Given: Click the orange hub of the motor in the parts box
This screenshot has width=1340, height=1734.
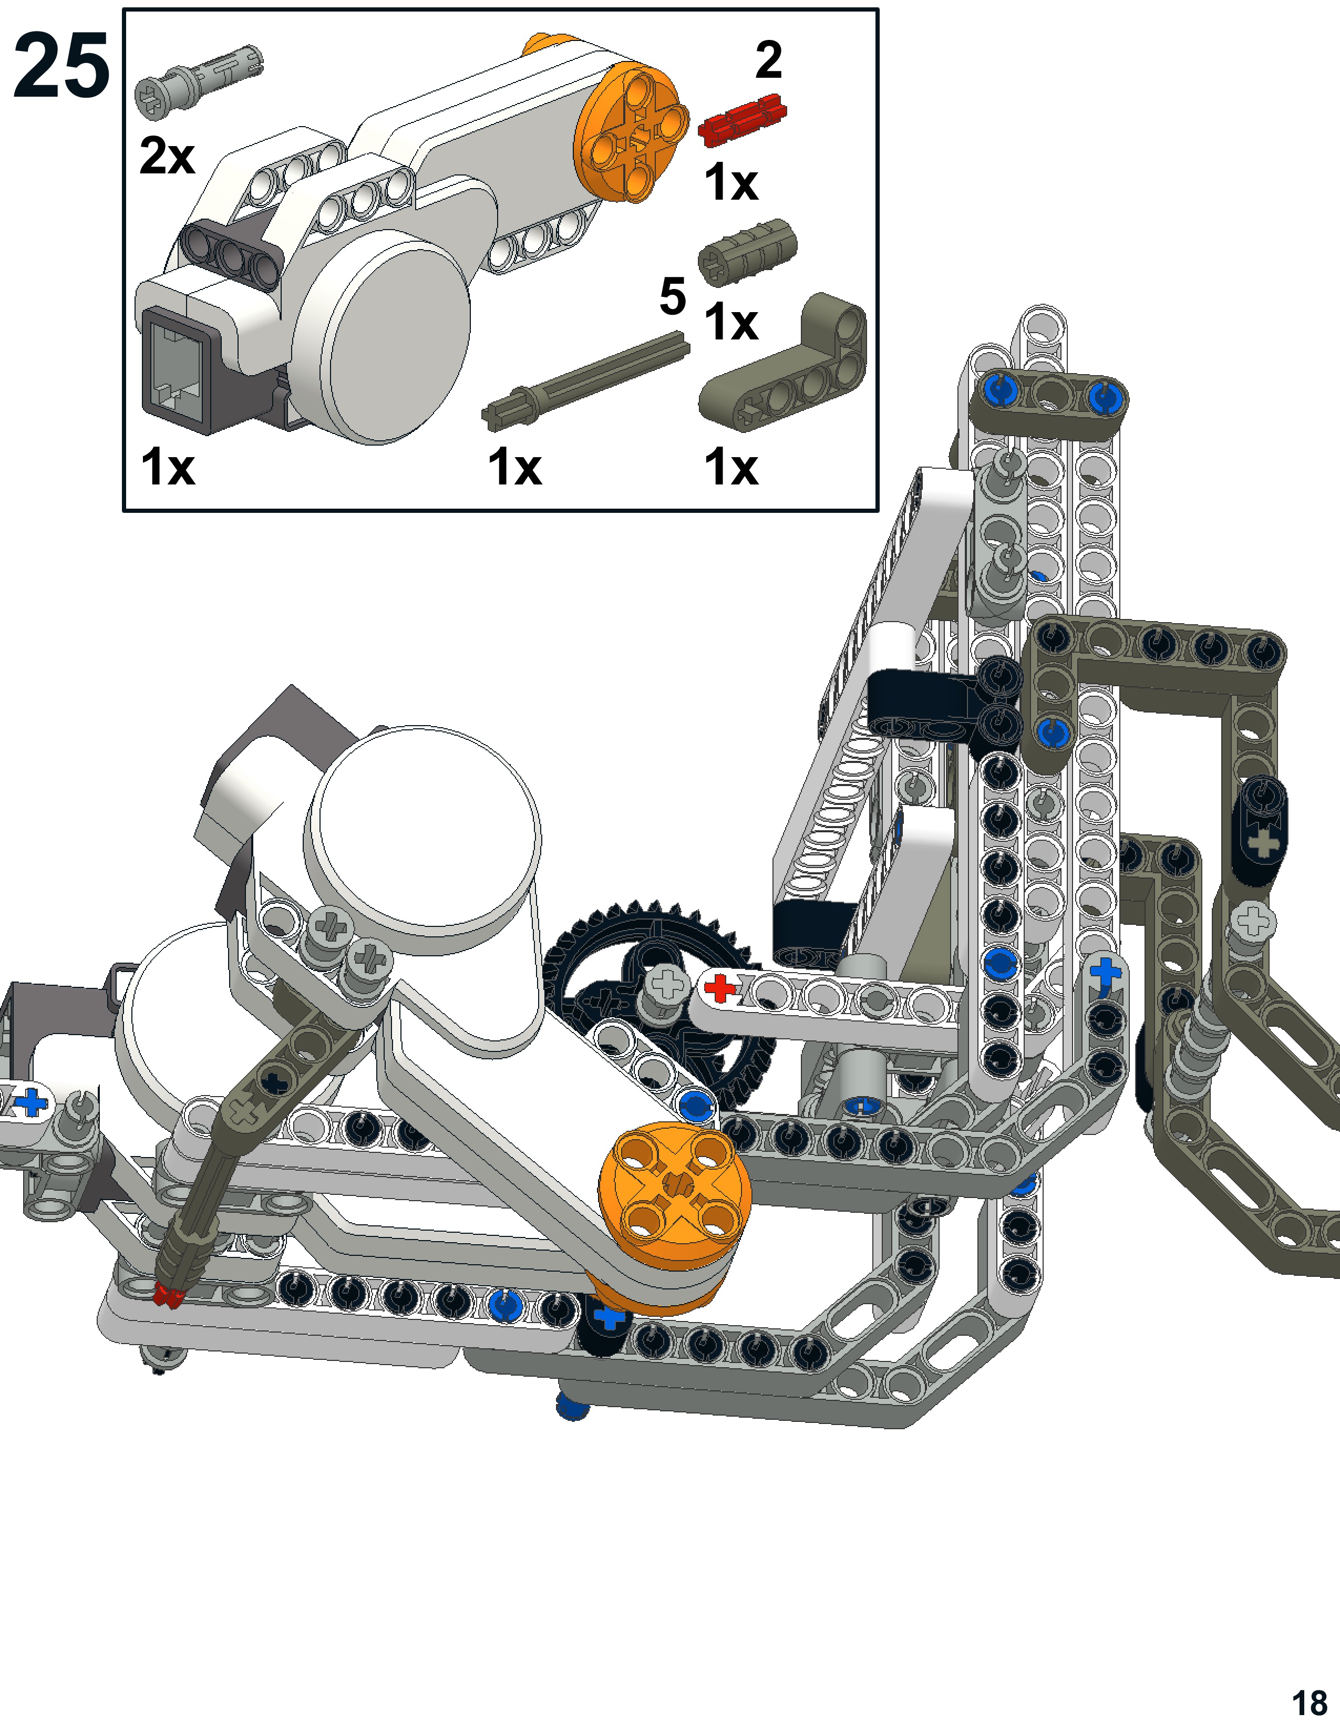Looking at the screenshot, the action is (x=632, y=131).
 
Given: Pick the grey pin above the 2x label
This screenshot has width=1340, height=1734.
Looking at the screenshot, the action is (x=199, y=82).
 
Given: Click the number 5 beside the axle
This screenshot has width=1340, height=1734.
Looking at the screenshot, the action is (x=673, y=297).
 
